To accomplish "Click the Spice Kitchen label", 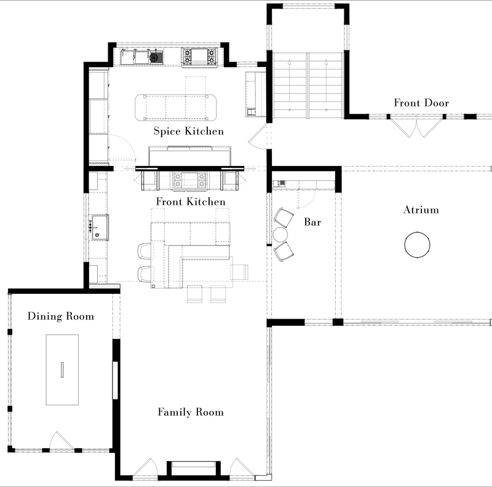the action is (189, 131).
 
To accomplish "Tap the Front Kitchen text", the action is (191, 202).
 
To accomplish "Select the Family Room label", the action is (191, 412).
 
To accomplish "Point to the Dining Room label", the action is (61, 316).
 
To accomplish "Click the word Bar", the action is (312, 222).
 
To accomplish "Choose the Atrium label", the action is (421, 210).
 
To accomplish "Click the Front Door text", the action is (421, 103).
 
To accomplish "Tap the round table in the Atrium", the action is (417, 245).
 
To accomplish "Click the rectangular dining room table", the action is (62, 370).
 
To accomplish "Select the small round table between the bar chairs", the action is (280, 234).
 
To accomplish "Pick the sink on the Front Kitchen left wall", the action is (100, 228).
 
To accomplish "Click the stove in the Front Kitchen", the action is (189, 180).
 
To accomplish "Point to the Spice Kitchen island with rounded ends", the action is (176, 108).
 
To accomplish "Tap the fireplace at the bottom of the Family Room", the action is (194, 469).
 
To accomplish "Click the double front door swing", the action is (417, 127).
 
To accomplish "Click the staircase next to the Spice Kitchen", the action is (308, 85).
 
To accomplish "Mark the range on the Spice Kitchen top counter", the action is (199, 57).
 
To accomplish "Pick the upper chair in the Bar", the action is (284, 218).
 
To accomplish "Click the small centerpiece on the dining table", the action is (62, 370).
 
